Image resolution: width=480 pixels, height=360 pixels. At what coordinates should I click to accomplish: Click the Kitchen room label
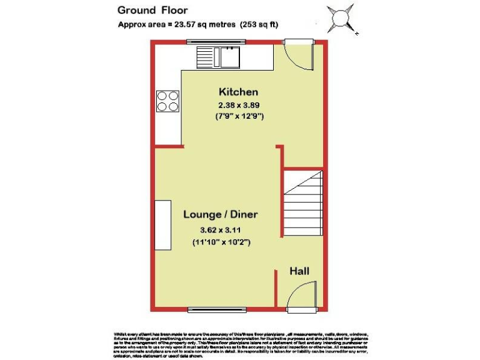(x=237, y=92)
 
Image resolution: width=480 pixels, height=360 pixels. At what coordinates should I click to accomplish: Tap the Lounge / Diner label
(x=221, y=214)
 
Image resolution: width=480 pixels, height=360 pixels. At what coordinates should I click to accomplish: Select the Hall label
(x=299, y=271)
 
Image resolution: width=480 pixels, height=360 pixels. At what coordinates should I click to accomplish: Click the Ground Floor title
(x=152, y=10)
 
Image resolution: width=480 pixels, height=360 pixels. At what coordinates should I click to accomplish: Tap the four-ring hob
(x=167, y=101)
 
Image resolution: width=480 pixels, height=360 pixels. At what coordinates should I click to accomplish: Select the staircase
(x=303, y=202)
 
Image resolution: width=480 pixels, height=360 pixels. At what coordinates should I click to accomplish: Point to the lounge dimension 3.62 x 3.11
(x=222, y=229)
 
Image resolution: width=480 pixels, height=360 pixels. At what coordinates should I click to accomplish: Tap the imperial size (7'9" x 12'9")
(x=239, y=116)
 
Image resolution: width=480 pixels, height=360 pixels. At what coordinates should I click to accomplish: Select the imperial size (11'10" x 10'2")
(x=222, y=241)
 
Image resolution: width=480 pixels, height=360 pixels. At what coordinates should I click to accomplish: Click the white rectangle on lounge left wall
(x=163, y=225)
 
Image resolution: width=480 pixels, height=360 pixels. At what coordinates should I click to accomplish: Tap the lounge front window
(x=213, y=309)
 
